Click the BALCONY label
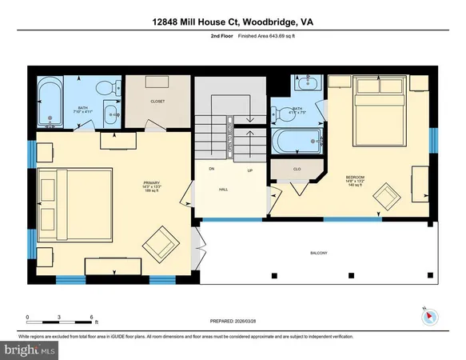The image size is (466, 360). coord(319,254)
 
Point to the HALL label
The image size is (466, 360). coord(225,190)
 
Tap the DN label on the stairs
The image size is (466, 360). coord(212,170)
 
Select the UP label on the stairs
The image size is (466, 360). coord(249,170)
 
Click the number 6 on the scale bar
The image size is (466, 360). coord(93,317)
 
